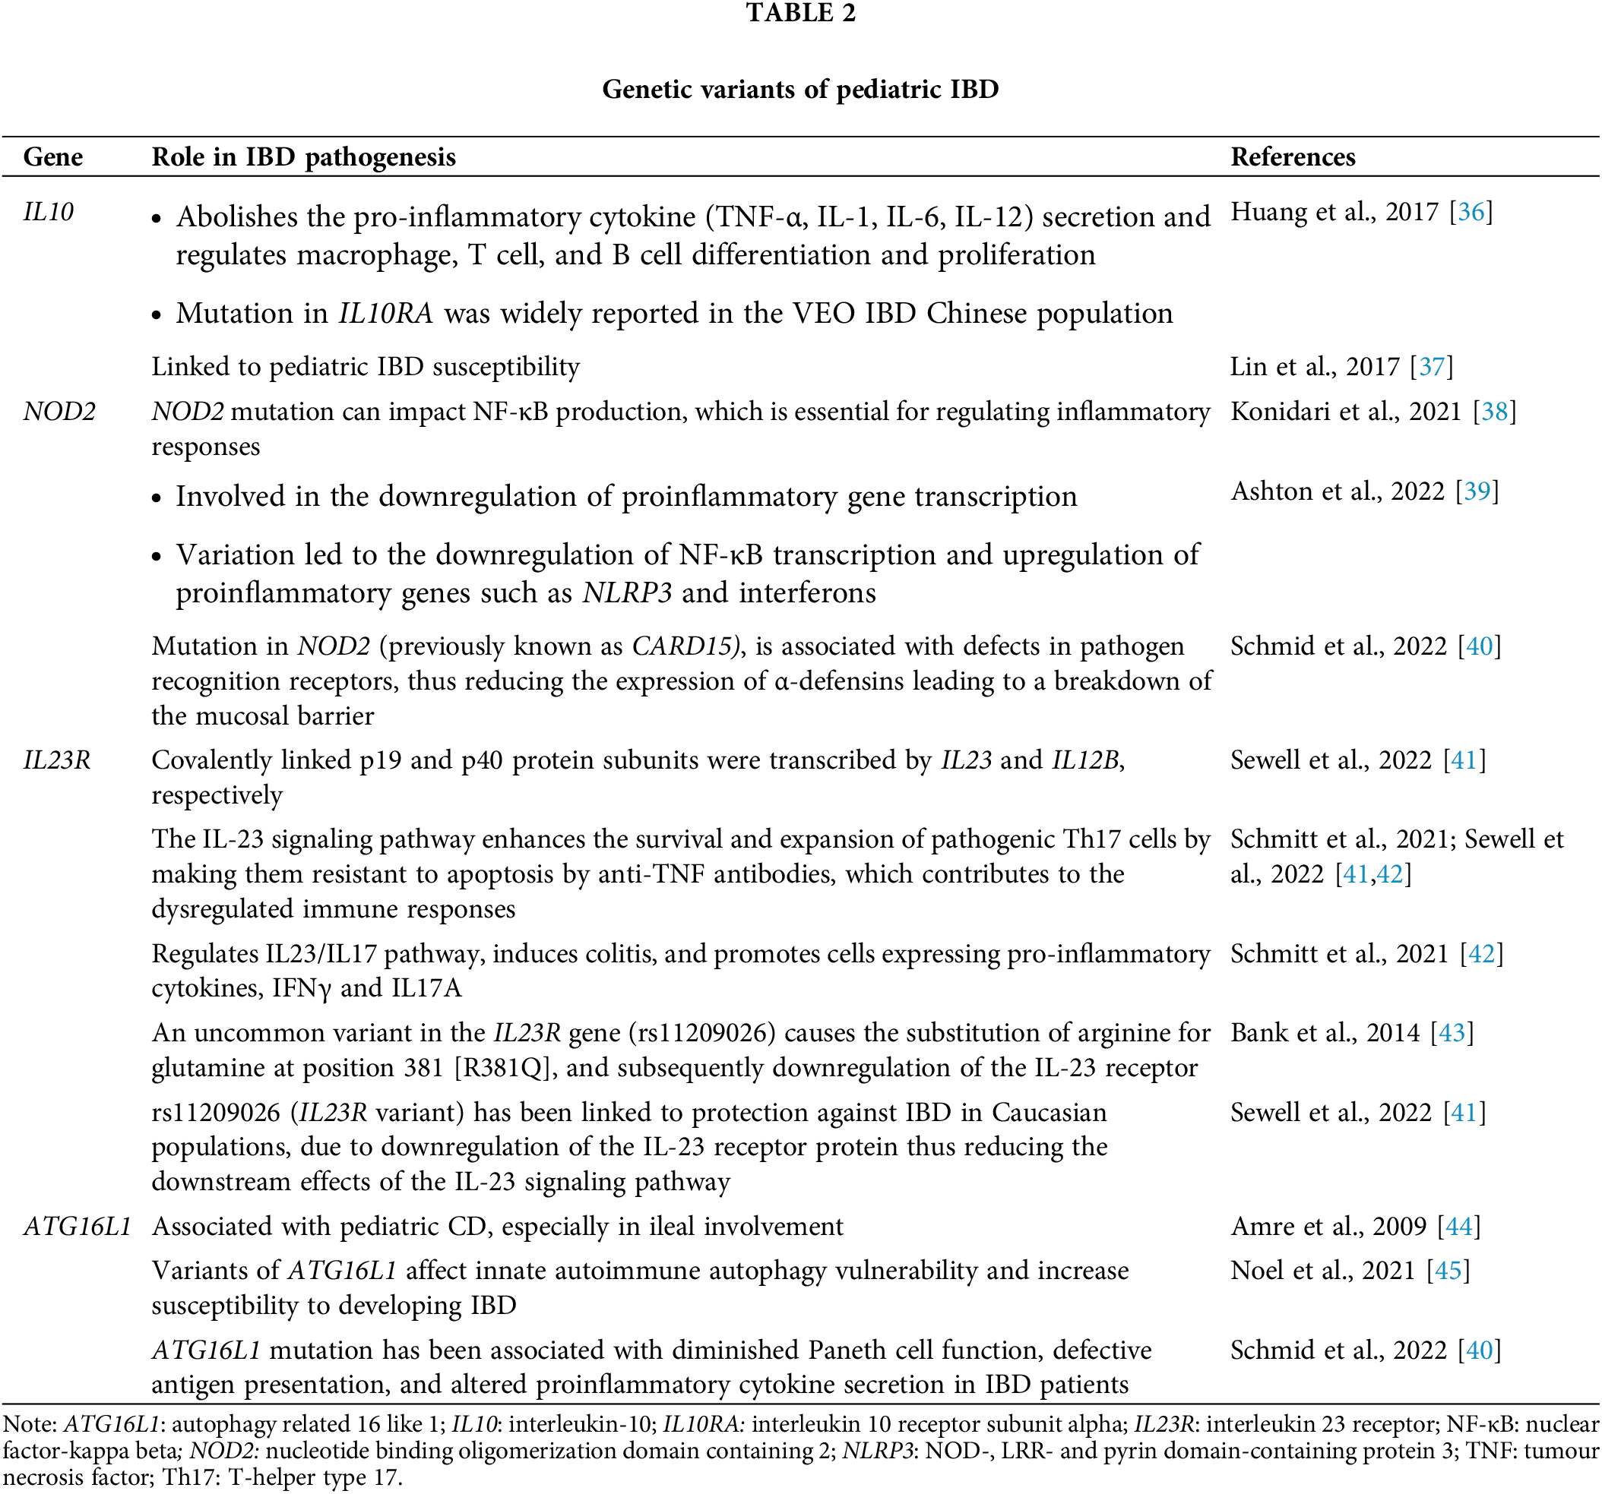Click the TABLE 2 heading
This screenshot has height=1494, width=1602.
[x=800, y=13]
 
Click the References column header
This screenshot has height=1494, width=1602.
[x=1293, y=156]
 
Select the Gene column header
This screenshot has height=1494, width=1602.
[x=52, y=156]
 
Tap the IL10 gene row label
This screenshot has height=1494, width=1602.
[x=49, y=212]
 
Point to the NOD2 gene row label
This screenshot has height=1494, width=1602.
[x=59, y=412]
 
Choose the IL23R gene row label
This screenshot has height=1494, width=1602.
[x=56, y=760]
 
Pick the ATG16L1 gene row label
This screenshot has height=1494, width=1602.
[x=78, y=1226]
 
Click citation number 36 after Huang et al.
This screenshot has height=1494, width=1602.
[x=1471, y=212]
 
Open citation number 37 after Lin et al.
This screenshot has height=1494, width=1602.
[x=1431, y=366]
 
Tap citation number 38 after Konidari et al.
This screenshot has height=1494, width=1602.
[x=1494, y=412]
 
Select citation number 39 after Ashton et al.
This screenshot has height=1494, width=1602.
[x=1477, y=491]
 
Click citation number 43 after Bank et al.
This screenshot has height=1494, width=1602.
[x=1452, y=1032]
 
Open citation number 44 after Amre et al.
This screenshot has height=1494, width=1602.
[x=1458, y=1226]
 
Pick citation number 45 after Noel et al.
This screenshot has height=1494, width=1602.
[x=1447, y=1270]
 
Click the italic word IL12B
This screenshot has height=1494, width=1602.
[x=1085, y=760]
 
